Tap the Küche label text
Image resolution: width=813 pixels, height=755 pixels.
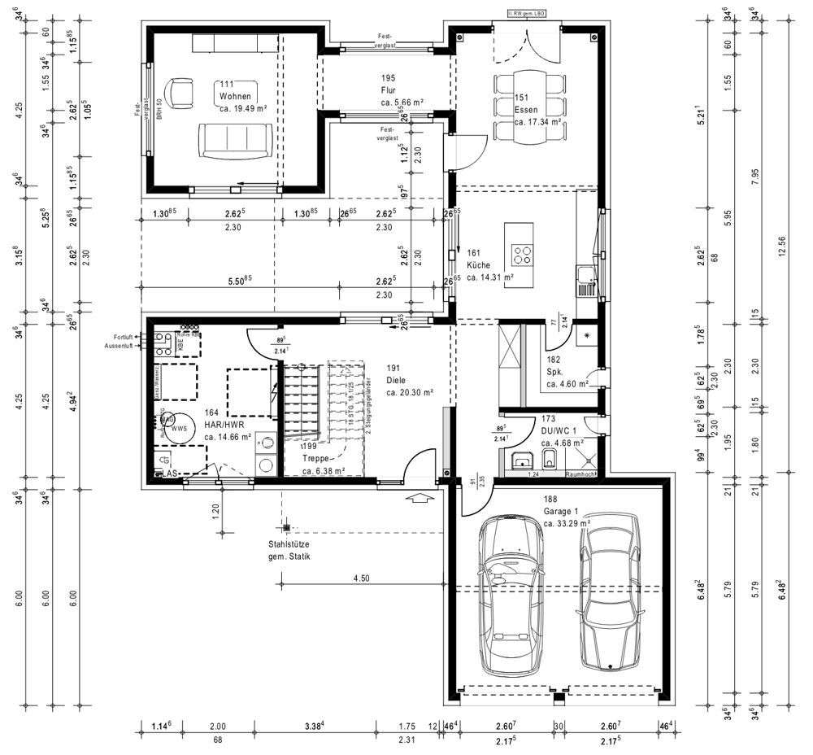coord(479,265)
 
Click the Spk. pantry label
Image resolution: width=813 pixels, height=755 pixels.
coord(556,371)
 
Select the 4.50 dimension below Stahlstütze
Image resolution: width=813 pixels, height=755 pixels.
coord(362,578)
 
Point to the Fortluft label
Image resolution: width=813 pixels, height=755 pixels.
coord(124,336)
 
